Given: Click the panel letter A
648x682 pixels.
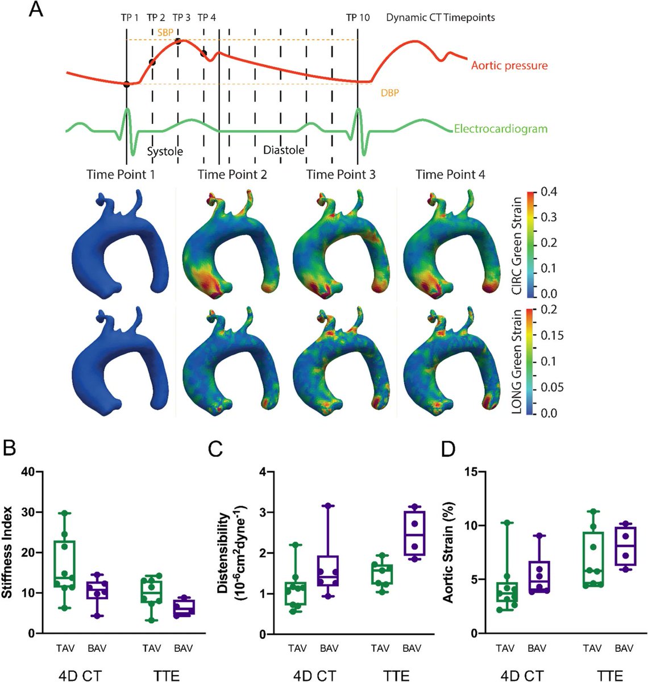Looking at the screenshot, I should click(x=36, y=11).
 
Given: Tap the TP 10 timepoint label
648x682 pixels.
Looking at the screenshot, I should click(x=358, y=18).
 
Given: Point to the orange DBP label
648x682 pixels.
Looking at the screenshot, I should click(x=389, y=92).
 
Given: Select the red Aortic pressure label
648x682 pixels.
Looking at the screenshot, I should click(x=509, y=65).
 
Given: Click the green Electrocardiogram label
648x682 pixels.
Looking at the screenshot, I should click(x=501, y=128).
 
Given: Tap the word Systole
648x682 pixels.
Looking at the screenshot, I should click(x=165, y=152).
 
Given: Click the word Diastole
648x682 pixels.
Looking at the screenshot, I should click(x=284, y=150).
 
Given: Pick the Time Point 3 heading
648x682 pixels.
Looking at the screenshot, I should click(x=341, y=174).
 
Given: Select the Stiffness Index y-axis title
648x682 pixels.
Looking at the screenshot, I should click(x=8, y=552).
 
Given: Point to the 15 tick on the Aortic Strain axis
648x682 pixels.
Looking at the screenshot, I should click(x=469, y=471).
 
